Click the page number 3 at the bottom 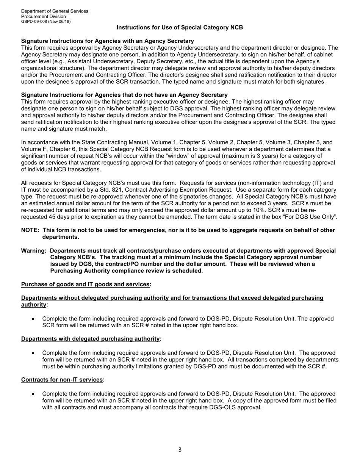click(180, 450)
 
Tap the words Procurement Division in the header click(43, 16)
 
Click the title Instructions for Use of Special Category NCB click(180, 28)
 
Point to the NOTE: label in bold click(30, 230)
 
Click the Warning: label click(34, 251)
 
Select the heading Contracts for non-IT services click(63, 380)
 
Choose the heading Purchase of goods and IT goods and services click(86, 285)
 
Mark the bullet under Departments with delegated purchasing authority click(34, 353)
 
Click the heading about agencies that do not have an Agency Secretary click(124, 95)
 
